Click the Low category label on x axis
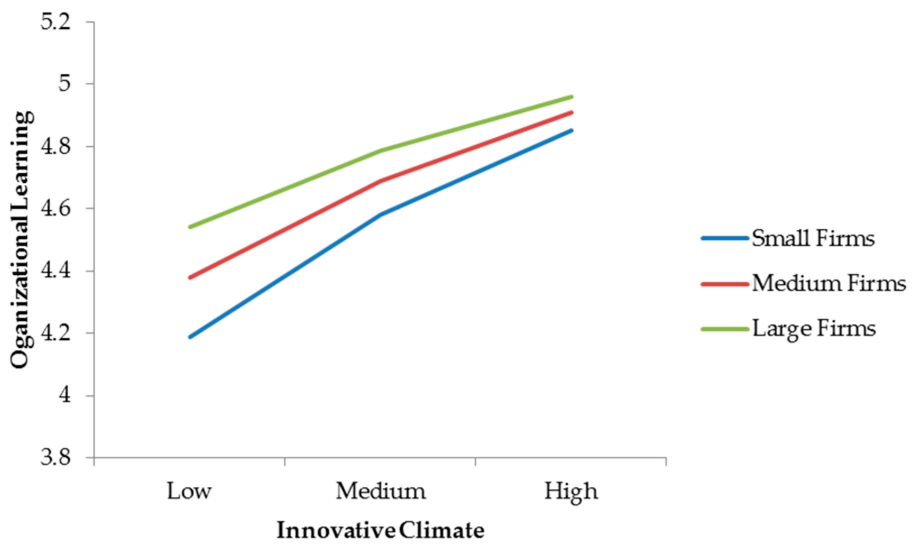(189, 491)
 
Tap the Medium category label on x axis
(381, 491)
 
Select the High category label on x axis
(571, 491)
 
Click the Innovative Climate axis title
(380, 530)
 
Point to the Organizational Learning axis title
(22, 240)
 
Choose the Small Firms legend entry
(813, 238)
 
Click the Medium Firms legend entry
(828, 283)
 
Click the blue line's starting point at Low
(190, 337)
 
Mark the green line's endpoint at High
(571, 96)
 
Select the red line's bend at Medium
(381, 180)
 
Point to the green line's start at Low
(190, 227)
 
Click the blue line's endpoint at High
(571, 130)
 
